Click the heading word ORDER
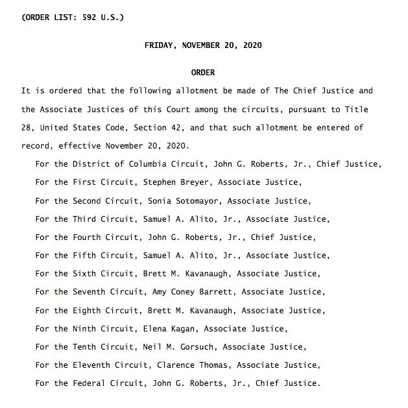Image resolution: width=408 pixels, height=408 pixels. point(203,73)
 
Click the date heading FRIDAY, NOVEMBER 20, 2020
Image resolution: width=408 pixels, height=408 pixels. point(203,45)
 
